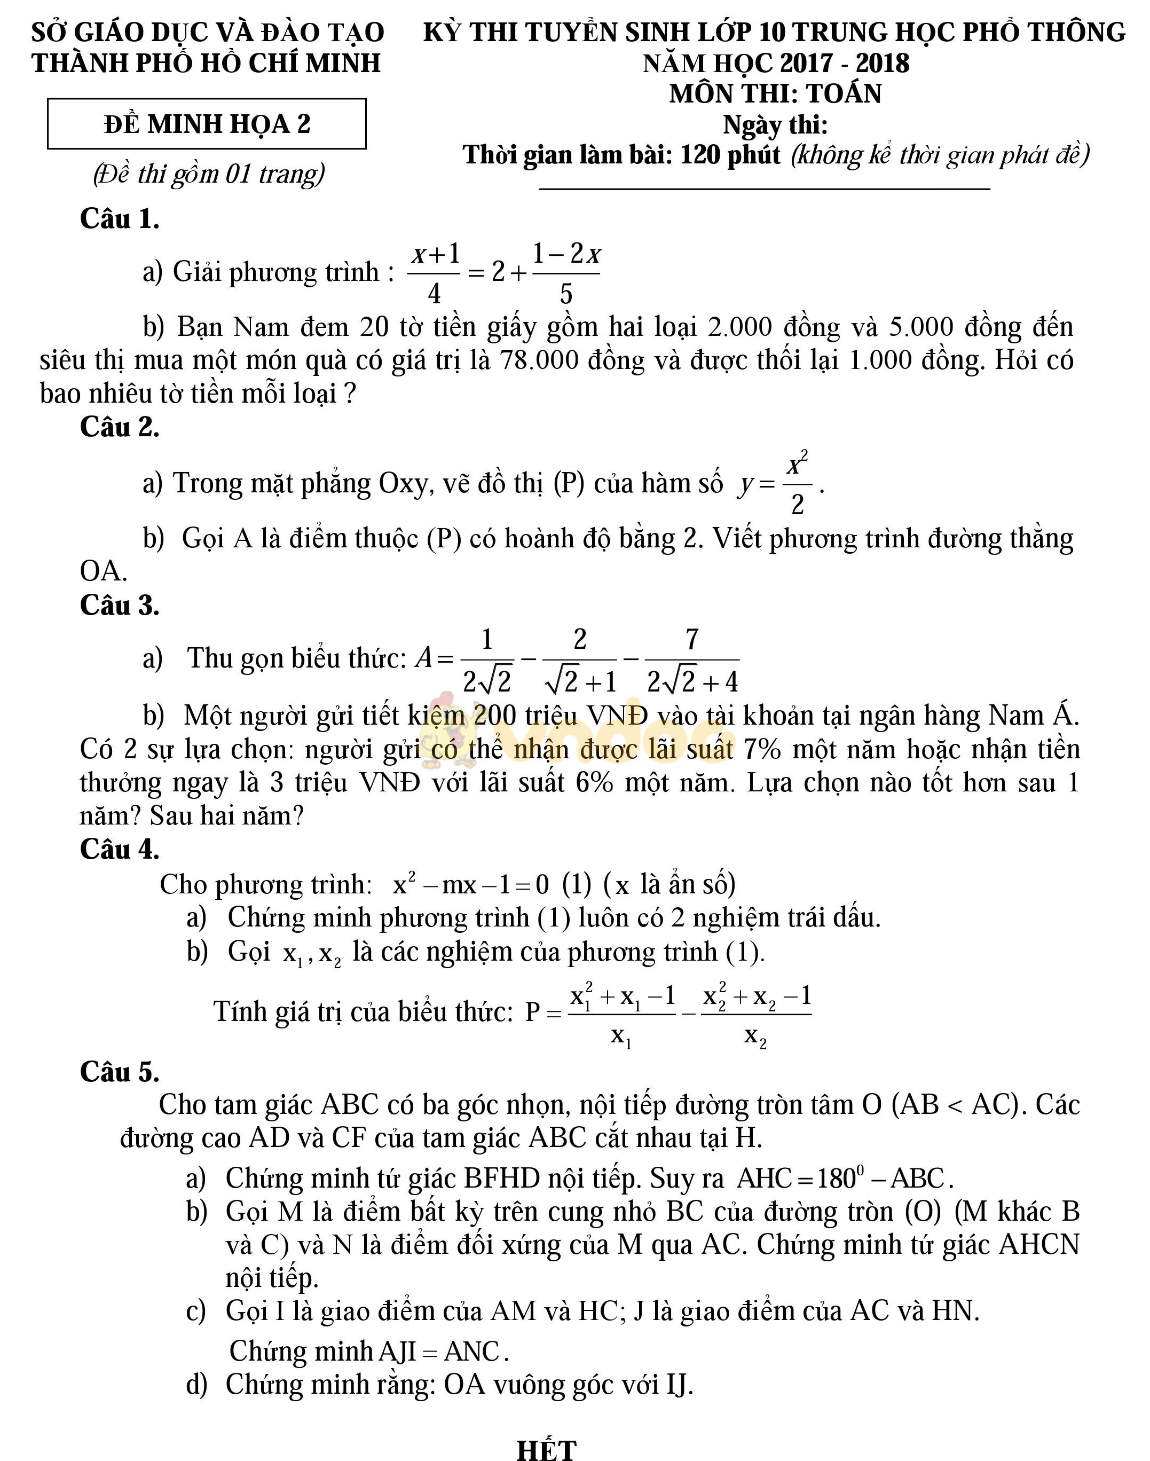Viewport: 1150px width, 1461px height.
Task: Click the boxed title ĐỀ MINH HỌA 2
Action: [207, 124]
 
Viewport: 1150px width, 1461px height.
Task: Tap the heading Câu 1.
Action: [119, 219]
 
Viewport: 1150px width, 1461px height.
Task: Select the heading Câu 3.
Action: [119, 605]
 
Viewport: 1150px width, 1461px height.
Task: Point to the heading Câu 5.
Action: [119, 1072]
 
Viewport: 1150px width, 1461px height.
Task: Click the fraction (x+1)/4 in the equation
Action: [435, 273]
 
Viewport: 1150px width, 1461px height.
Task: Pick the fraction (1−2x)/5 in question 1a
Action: [565, 273]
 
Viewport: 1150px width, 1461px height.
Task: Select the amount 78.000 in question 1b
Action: [539, 360]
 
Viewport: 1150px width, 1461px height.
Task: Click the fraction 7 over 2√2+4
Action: [691, 660]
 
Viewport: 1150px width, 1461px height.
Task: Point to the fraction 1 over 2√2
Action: [487, 660]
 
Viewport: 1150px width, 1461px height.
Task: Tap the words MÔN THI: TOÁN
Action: [775, 93]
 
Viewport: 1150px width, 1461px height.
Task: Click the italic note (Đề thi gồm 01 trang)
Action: [209, 174]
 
